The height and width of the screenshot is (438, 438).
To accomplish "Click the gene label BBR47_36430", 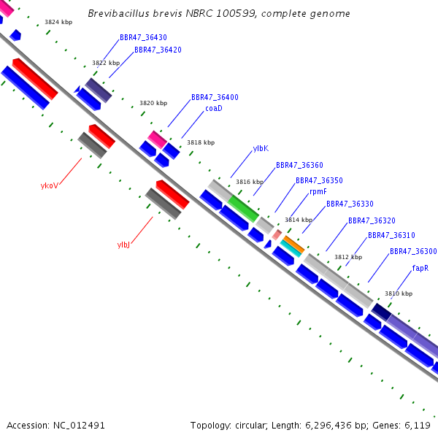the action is point(143,37).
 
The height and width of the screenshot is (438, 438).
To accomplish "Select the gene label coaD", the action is point(214,108).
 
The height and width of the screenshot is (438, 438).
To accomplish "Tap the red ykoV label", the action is point(50,185).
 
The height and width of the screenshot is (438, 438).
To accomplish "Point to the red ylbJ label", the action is point(123,245).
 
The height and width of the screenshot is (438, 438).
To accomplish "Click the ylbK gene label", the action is point(261,148).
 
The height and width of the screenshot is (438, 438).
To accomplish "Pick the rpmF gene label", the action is point(318,191).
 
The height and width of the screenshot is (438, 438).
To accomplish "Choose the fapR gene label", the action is point(420,268).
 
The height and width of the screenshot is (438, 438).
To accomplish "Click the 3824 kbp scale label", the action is point(58,22).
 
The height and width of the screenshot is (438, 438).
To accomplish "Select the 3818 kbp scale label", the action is point(201,142).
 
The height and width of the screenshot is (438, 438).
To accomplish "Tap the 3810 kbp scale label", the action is point(399,293).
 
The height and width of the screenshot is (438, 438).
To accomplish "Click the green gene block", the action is point(243,208).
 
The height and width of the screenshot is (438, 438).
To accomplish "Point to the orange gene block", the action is point(294,245).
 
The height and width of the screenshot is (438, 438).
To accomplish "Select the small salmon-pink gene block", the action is point(277,234).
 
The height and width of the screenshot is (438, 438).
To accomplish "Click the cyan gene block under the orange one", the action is point(291,248).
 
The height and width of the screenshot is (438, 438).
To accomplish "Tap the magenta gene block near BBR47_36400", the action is point(157,139).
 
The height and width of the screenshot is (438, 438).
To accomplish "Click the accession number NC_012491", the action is point(79,426).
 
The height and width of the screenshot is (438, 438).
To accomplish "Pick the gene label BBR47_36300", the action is point(413,251).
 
